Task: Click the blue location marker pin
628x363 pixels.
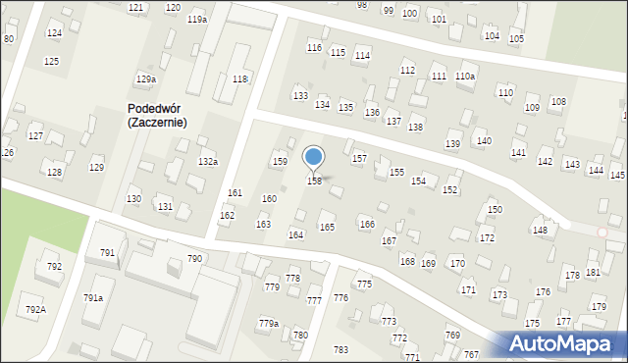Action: pos(314,157)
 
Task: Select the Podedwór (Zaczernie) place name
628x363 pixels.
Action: pos(157,116)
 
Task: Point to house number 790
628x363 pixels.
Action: pos(195,258)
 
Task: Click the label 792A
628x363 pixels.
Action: pos(35,309)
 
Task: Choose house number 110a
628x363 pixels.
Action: pos(465,77)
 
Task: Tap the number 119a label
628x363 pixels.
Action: pos(197,20)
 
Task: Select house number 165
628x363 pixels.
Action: pos(327,227)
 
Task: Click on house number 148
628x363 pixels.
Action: pos(540,230)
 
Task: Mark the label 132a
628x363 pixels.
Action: pos(208,161)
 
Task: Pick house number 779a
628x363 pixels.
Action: pos(269,323)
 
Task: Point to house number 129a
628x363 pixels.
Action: pos(146,78)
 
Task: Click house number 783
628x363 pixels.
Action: pos(340,349)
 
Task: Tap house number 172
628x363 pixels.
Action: pos(487,238)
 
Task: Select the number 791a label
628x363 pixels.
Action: pos(93,297)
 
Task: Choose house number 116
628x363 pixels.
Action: pos(314,47)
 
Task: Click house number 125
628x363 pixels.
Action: pos(51,61)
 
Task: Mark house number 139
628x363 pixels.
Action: pos(452,144)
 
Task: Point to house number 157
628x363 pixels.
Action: pos(359,158)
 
